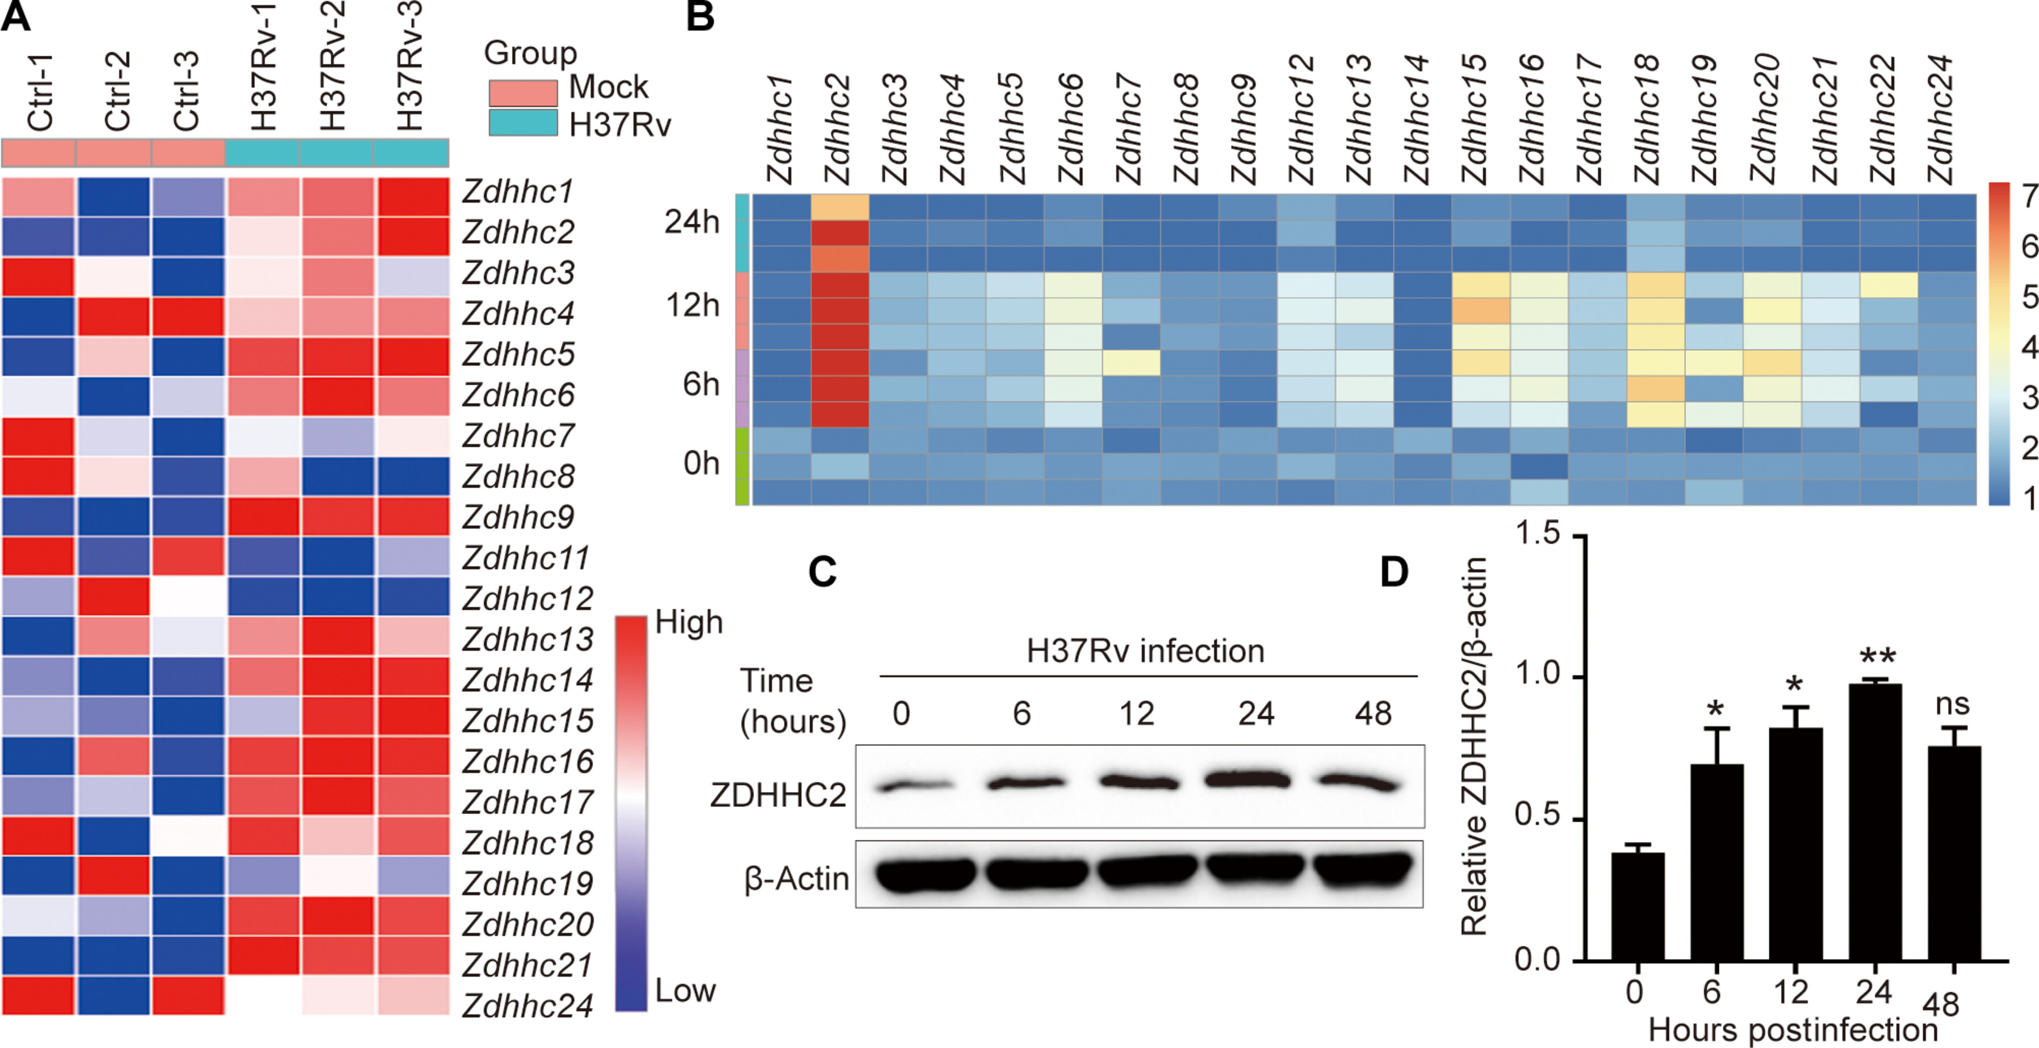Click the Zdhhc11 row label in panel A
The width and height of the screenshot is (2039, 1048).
[526, 558]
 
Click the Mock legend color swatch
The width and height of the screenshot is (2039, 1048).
[522, 93]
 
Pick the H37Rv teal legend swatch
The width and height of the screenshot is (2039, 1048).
[522, 123]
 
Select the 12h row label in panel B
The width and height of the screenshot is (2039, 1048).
[693, 305]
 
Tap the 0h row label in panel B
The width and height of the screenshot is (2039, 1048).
[701, 463]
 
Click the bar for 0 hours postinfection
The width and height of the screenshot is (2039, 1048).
[1638, 906]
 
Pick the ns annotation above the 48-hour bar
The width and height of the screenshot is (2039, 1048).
[1952, 703]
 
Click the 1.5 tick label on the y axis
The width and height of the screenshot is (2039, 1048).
[1536, 534]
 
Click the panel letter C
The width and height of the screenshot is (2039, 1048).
[822, 572]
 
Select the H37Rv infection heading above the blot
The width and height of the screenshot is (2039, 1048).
[1145, 651]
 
